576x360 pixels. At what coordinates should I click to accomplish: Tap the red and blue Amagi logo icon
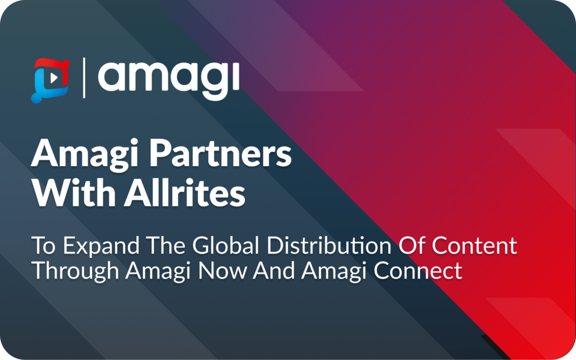pos(50,80)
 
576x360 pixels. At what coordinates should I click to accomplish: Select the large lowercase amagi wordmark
pos(169,79)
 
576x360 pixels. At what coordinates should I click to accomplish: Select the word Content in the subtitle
pos(475,247)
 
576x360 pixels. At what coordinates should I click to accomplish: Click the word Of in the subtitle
pos(412,247)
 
